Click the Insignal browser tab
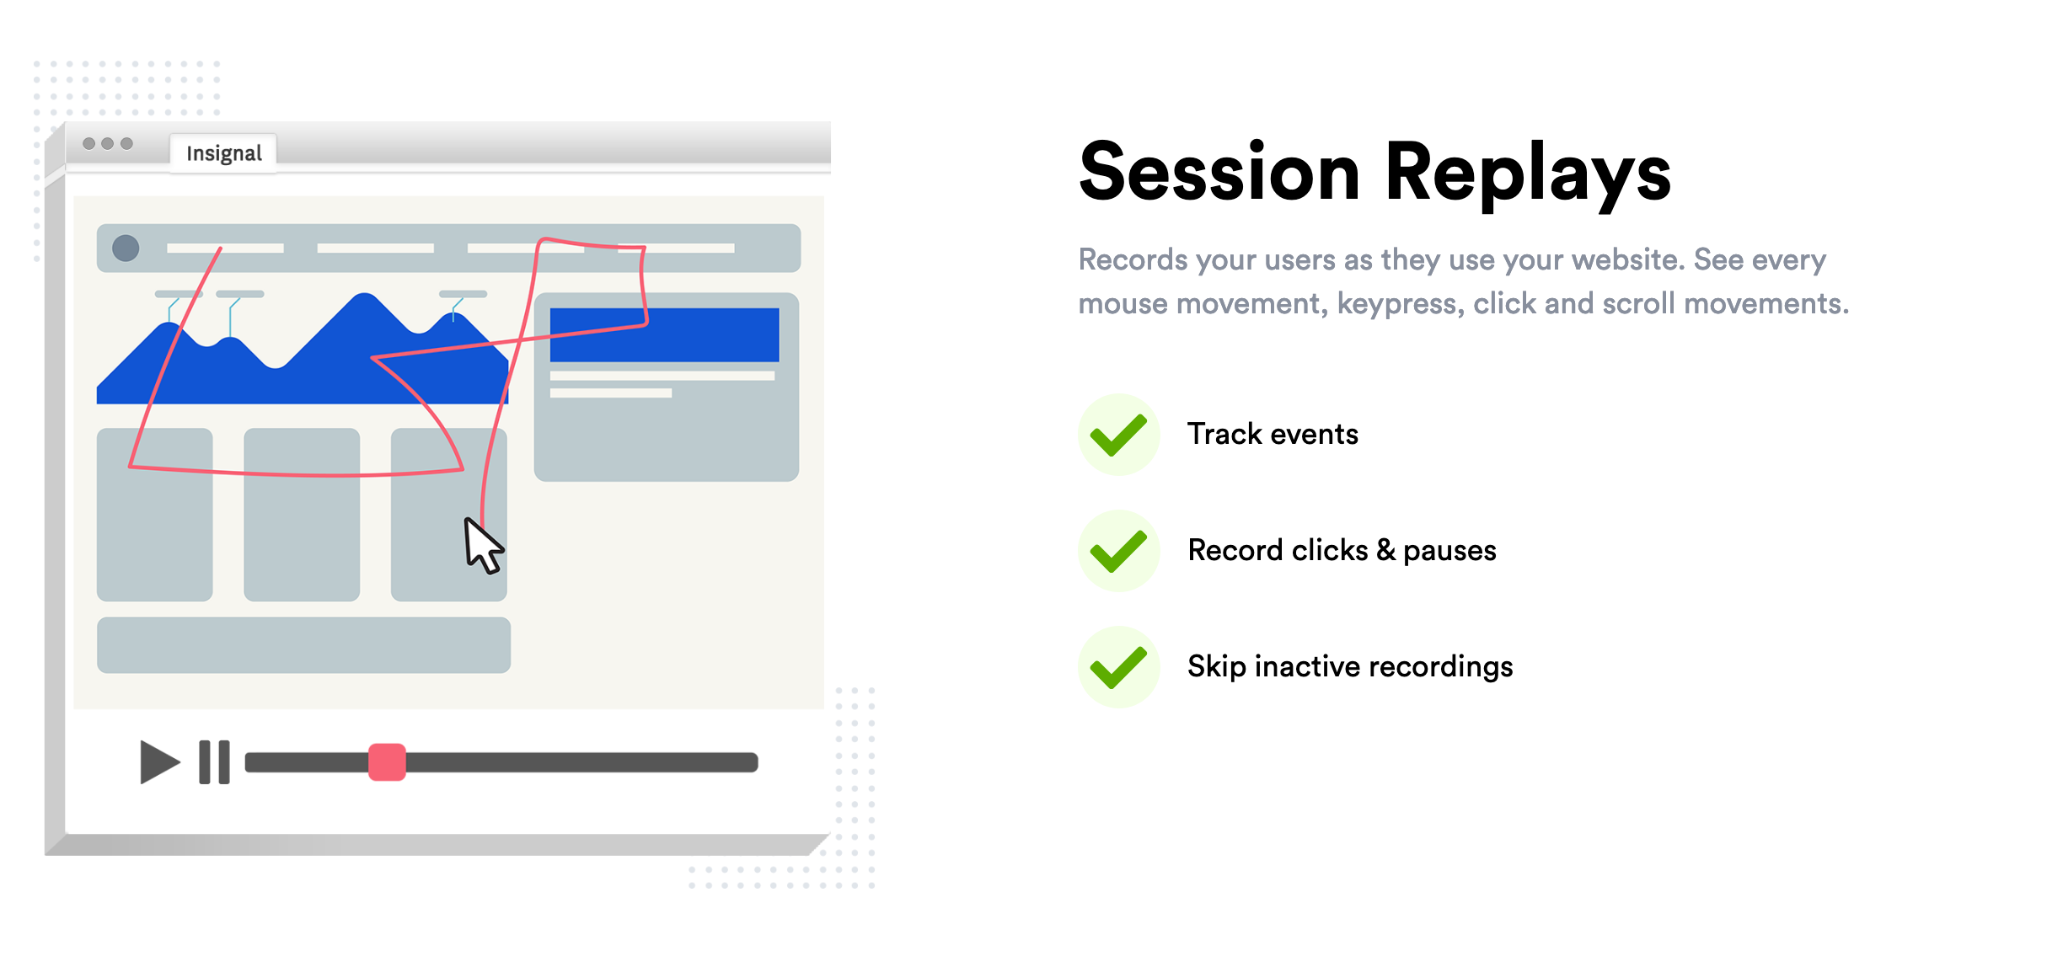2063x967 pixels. pyautogui.click(x=223, y=153)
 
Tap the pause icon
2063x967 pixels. pyautogui.click(x=214, y=762)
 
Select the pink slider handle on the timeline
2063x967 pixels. pyautogui.click(x=387, y=762)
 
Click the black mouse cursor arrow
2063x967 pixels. pyautogui.click(x=483, y=546)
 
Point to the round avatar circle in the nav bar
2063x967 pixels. pyautogui.click(x=126, y=248)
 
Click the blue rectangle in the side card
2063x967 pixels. pyautogui.click(x=664, y=334)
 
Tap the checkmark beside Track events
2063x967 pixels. pyautogui.click(x=1118, y=435)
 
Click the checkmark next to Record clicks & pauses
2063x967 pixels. pyautogui.click(x=1118, y=551)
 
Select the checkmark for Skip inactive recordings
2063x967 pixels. pyautogui.click(x=1118, y=667)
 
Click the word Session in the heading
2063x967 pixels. pyautogui.click(x=1219, y=172)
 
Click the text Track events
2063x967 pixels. pyautogui.click(x=1273, y=434)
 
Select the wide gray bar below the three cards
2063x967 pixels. pyautogui.click(x=303, y=645)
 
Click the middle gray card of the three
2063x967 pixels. pyautogui.click(x=302, y=515)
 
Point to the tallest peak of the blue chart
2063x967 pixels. pyautogui.click(x=364, y=294)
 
